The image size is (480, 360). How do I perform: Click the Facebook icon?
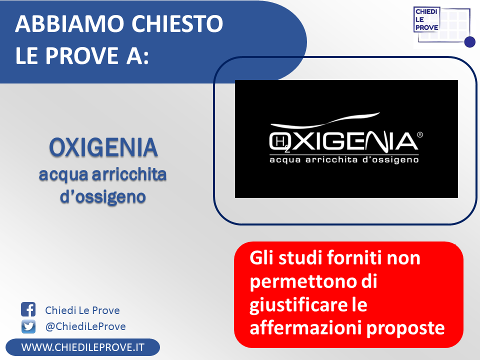[28, 309]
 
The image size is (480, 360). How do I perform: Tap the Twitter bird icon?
[28, 326]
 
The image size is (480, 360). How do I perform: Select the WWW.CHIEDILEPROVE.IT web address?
[82, 347]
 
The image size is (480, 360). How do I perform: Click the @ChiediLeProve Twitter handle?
[85, 326]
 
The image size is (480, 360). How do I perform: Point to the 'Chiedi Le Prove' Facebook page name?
[82, 310]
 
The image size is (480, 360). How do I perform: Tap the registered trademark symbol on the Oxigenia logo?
[420, 134]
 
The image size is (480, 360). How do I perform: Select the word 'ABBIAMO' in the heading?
[69, 23]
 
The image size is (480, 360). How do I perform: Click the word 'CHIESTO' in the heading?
[177, 23]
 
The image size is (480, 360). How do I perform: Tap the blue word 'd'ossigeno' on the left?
[103, 197]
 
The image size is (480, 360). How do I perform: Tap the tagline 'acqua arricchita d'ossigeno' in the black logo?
[344, 160]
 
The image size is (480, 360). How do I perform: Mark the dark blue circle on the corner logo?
[470, 42]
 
